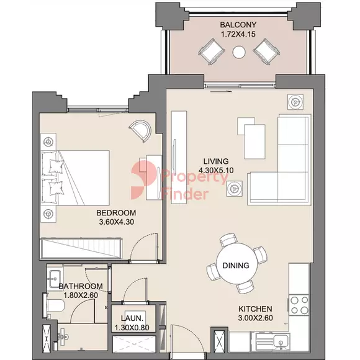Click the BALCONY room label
coord(238,25)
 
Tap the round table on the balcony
coord(239,52)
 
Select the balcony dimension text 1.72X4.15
coord(238,34)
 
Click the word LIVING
coord(216,161)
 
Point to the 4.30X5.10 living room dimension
coord(216,170)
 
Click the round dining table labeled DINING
coord(236,266)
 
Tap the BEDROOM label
coord(116,213)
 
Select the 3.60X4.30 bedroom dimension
coord(117,222)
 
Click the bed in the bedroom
coord(75,178)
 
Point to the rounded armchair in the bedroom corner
coord(140,130)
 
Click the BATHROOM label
coord(81,286)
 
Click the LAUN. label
coord(132,318)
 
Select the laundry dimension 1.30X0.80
coord(132,328)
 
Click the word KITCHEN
coord(255,309)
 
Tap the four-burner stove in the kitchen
coord(299,305)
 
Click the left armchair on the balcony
coord(212,52)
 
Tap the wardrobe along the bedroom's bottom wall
coord(81,249)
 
